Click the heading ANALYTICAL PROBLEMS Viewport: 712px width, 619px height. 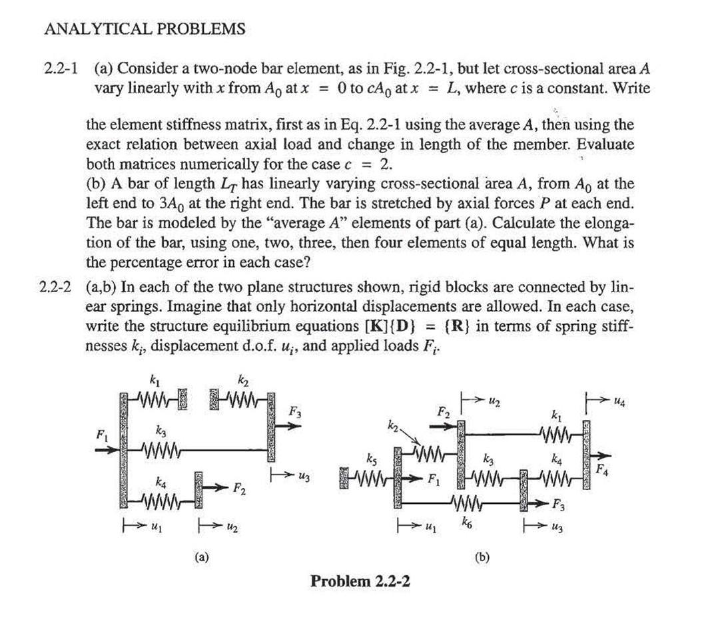tap(145, 29)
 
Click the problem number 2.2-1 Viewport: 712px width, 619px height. tap(61, 69)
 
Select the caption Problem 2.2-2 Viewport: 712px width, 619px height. tap(360, 580)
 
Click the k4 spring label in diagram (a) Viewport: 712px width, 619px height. tap(159, 481)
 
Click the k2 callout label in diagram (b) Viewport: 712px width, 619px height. tap(393, 423)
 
